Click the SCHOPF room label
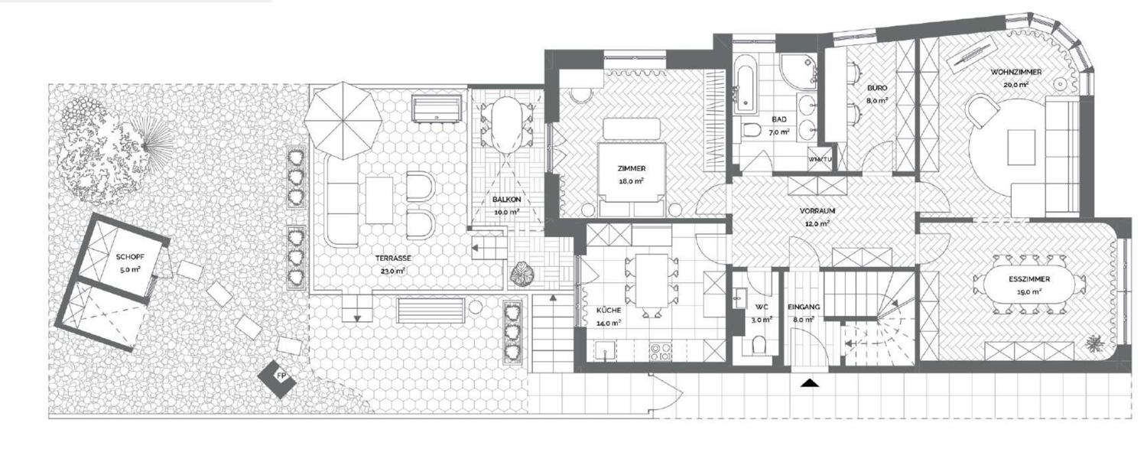coord(128,257)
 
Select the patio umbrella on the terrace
coord(343,121)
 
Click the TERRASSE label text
coord(393,259)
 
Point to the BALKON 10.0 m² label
coord(507,205)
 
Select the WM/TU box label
coord(820,159)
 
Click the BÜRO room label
coord(877,88)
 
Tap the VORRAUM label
coord(817,211)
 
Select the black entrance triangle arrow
coord(809,382)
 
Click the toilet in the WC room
coord(759,345)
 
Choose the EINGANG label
coord(804,307)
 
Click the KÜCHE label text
coord(609,311)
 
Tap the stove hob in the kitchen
coord(661,351)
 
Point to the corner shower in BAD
coord(799,70)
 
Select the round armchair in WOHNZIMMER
coord(982,112)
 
